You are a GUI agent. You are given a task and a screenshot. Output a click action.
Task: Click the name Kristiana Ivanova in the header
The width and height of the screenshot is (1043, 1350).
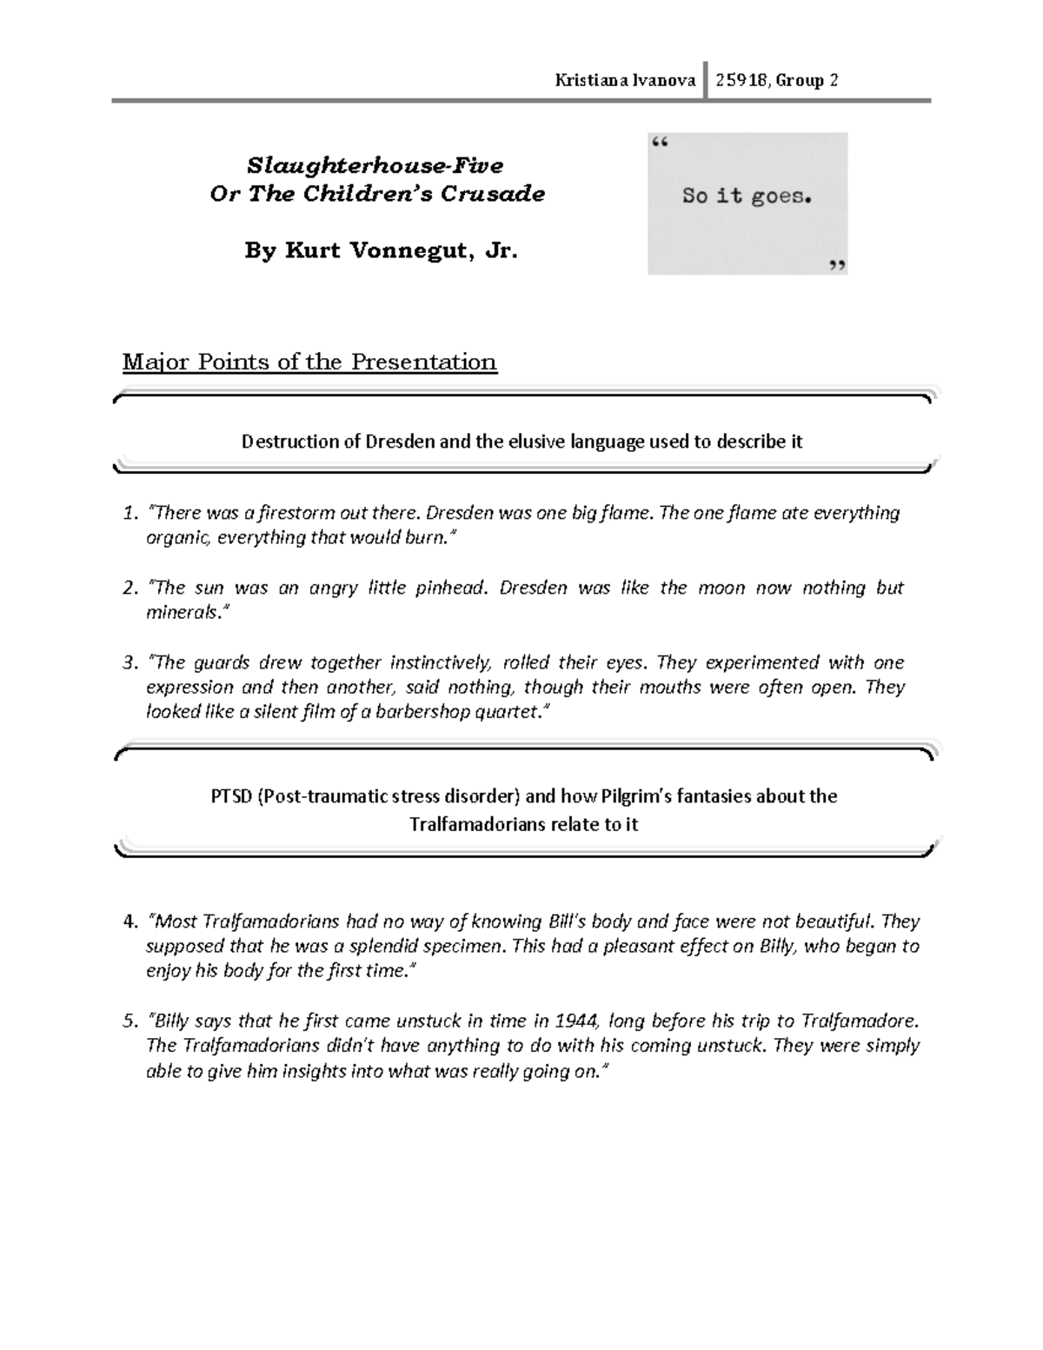[625, 81]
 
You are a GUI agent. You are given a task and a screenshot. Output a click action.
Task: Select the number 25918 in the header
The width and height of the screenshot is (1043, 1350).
[741, 81]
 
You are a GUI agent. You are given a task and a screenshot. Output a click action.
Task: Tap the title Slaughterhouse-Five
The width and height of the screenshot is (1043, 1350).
[375, 165]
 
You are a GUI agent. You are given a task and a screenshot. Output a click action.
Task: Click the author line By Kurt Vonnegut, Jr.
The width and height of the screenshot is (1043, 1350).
[381, 250]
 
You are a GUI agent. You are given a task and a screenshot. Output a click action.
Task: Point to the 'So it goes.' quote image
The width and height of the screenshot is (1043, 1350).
[747, 203]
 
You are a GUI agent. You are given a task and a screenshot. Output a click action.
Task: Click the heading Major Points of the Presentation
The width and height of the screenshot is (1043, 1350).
[309, 362]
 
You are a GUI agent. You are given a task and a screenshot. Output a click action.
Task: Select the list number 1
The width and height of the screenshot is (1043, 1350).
[130, 513]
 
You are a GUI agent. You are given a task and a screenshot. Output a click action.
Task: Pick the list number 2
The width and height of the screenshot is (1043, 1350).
[130, 589]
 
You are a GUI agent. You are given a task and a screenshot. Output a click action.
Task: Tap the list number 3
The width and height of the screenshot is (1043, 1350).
[130, 663]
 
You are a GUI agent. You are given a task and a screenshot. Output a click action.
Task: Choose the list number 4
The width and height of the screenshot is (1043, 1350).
[130, 921]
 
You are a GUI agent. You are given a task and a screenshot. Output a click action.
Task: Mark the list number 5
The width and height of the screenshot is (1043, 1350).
[130, 1021]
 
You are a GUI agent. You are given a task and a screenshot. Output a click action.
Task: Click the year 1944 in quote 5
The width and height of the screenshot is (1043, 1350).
[575, 1021]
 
